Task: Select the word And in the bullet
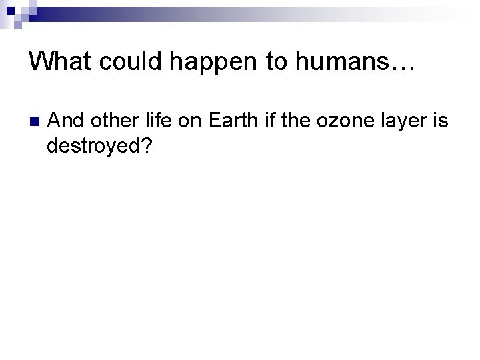point(66,123)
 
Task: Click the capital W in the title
point(41,63)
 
